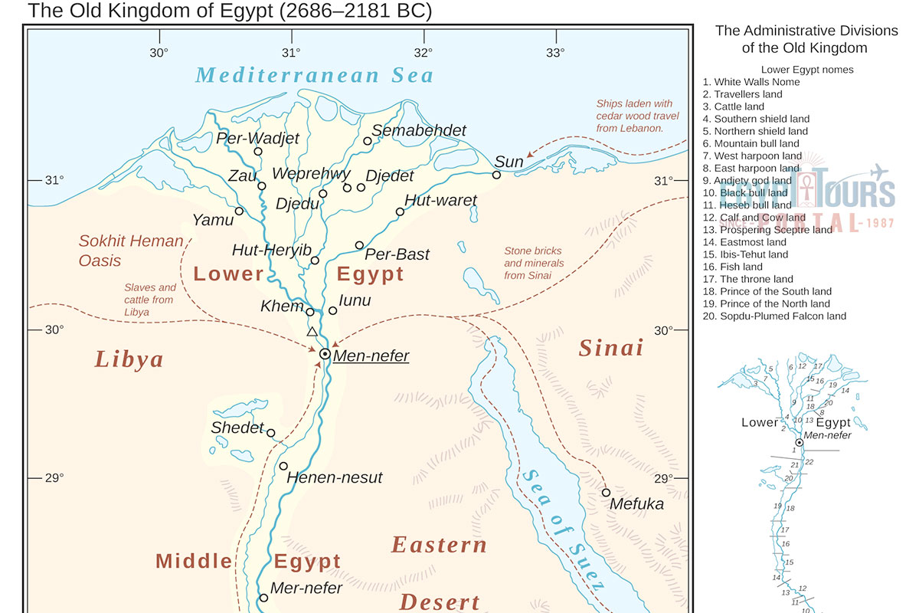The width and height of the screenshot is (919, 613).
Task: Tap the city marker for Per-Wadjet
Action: [x=258, y=152]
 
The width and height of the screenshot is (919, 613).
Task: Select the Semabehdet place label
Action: [x=419, y=131]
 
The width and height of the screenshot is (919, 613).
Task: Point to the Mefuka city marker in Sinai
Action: [x=606, y=493]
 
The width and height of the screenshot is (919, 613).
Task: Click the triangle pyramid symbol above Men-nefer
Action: [x=312, y=332]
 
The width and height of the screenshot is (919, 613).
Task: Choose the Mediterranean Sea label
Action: [x=314, y=75]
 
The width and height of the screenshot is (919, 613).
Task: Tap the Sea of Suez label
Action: [x=563, y=529]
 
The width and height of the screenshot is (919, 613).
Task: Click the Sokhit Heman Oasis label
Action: [x=131, y=251]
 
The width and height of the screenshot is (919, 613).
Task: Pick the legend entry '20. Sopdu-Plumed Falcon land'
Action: [x=774, y=316]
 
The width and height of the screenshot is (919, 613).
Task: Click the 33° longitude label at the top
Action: [x=555, y=53]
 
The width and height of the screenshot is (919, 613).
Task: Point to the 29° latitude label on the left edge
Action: [x=53, y=478]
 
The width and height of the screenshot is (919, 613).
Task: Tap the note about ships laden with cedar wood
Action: [x=633, y=116]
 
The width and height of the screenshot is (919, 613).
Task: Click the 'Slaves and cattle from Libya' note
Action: [x=149, y=300]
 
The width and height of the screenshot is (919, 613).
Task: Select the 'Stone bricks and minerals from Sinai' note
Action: [x=534, y=263]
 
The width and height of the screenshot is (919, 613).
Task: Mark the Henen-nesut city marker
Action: [x=283, y=466]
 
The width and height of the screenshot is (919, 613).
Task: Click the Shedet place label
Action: [x=237, y=428]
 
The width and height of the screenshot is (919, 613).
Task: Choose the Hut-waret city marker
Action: [x=400, y=211]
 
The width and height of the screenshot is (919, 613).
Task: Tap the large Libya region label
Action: [x=129, y=359]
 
